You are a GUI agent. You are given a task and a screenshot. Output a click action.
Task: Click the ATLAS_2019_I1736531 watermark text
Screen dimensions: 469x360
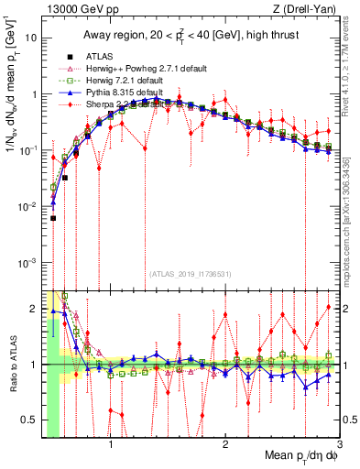pyautogui.click(x=189, y=273)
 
